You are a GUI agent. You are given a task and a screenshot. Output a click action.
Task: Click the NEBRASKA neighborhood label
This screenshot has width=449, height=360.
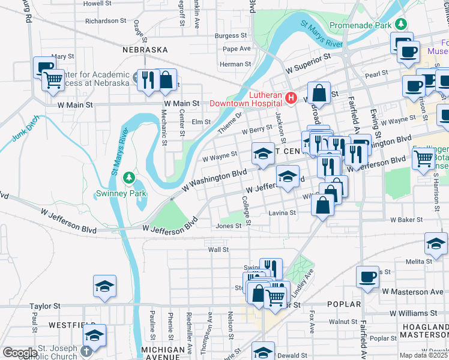tap(145, 50)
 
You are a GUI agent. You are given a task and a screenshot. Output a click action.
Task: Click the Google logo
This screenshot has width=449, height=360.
tap(20, 353)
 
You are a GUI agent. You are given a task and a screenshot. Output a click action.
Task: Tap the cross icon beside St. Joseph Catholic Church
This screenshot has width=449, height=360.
tap(87, 349)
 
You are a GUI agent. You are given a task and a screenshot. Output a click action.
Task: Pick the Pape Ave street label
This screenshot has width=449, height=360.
tap(237, 49)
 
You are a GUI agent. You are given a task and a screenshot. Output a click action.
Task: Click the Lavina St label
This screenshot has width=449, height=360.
tap(282, 213)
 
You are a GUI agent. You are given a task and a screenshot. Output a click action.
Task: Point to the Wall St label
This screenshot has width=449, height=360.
tap(218, 249)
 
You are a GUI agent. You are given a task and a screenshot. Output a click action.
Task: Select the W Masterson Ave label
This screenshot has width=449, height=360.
tap(414, 292)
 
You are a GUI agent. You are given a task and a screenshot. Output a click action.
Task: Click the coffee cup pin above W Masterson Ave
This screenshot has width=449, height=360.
tap(367, 277)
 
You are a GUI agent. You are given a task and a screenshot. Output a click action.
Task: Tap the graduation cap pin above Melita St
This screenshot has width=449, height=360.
tap(436, 243)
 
